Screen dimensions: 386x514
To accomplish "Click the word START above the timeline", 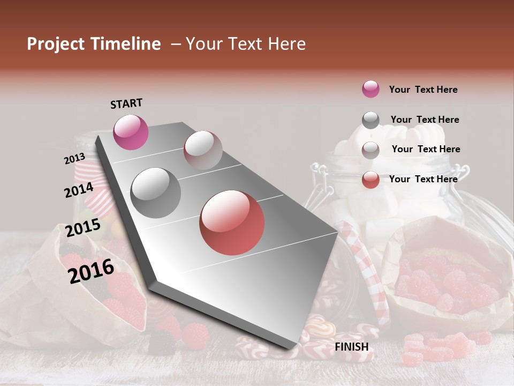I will pos(126,103).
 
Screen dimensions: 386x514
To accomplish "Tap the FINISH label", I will pos(352,347).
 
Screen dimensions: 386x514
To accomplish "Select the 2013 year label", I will pos(74,159).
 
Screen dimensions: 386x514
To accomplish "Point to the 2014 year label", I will pos(79,190).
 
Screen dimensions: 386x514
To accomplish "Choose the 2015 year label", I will pos(83,228).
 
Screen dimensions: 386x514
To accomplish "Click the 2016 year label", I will pos(91,271).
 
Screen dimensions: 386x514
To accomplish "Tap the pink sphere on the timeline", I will pos(131,132).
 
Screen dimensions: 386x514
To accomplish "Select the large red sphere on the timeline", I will pos(232,222).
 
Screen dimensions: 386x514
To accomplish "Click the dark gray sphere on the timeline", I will pos(156,193).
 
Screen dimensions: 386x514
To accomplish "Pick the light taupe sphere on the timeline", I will pos(203,150).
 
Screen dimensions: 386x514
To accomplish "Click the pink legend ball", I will pos(371,90).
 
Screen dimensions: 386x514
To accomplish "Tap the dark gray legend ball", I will pos(371,120).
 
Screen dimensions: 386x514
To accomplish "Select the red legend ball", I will pos(371,180).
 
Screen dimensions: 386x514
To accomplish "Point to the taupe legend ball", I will pos(371,150).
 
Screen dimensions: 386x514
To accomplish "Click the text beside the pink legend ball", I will pos(423,90).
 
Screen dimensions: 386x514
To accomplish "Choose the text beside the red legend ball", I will pos(423,179).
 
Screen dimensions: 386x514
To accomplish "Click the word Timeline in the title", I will pos(127,44).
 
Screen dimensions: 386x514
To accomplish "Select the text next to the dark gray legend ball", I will pos(425,120).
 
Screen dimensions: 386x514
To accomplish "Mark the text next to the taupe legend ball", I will pos(426,149).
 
